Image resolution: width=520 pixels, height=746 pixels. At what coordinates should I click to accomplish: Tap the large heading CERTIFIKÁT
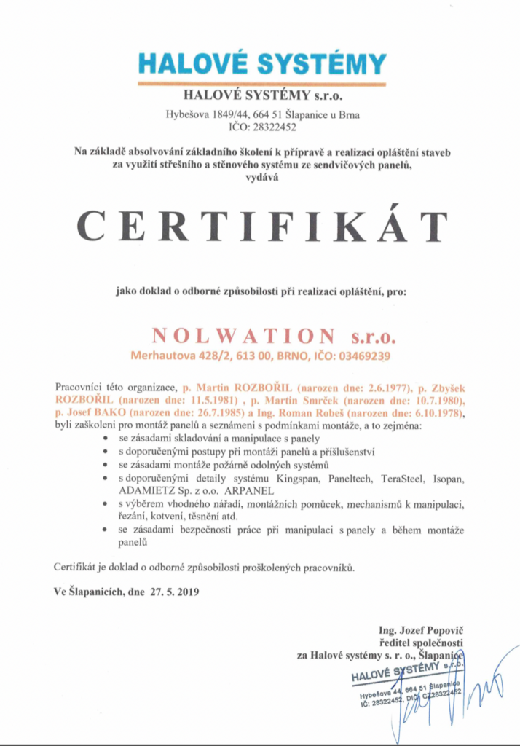pyautogui.click(x=261, y=227)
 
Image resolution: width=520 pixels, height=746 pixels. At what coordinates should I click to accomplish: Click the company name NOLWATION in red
pyautogui.click(x=244, y=337)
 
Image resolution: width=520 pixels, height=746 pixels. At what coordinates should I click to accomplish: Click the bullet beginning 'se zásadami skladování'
pyautogui.click(x=205, y=439)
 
